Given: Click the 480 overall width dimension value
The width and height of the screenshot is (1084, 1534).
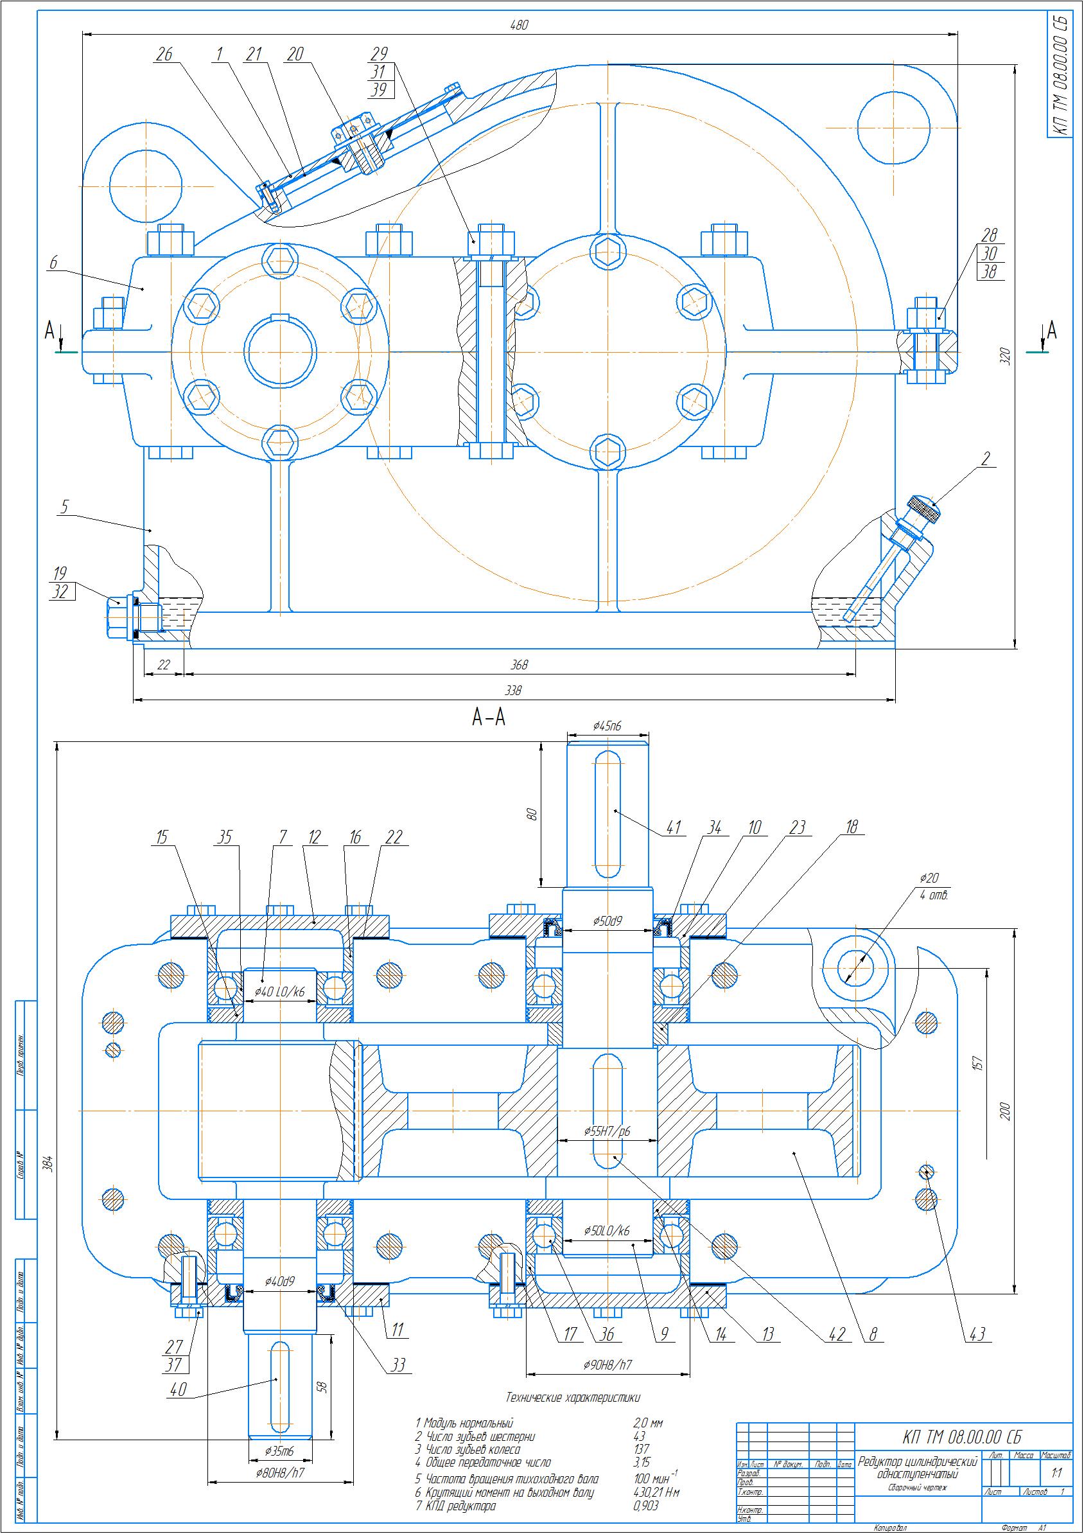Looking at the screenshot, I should pyautogui.click(x=519, y=26).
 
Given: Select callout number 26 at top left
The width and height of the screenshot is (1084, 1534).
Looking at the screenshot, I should pyautogui.click(x=164, y=55).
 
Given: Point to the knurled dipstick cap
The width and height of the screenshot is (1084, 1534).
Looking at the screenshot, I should pyautogui.click(x=924, y=509).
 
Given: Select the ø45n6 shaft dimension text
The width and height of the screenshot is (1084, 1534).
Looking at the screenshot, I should pyautogui.click(x=607, y=726).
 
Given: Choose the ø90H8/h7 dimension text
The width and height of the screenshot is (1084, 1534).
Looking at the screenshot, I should pyautogui.click(x=607, y=1363).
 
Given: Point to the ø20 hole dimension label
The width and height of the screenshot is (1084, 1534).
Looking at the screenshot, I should pyautogui.click(x=929, y=879).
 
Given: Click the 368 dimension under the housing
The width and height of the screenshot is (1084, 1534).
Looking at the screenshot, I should pyautogui.click(x=519, y=665).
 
